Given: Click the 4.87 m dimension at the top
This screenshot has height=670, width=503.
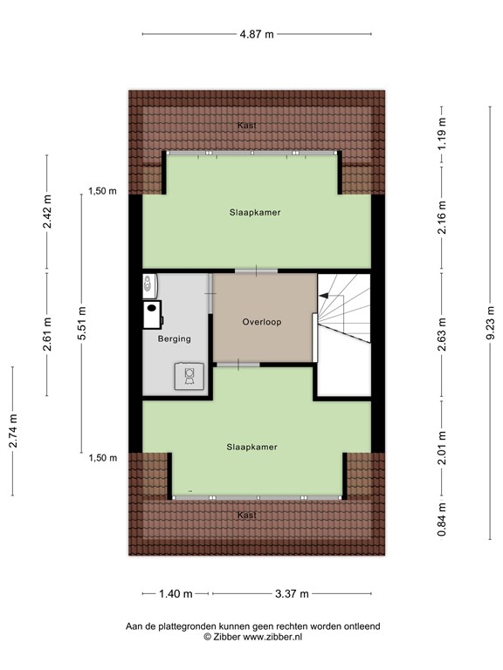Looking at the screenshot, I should point(257,34).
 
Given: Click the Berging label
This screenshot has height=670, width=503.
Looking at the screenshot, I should point(174,338).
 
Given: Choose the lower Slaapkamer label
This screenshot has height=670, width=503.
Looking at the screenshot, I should point(251,447).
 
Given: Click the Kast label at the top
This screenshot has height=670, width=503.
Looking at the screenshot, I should point(247,126).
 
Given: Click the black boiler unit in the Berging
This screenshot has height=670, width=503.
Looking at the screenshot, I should point(153,311).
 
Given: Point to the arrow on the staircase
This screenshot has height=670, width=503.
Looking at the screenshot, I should point(325,297).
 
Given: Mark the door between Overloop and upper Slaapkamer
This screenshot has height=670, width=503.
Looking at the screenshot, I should point(256,271).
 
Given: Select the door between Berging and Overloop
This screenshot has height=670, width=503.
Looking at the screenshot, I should point(210,297).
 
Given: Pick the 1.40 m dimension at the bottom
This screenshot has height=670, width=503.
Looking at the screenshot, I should point(176,594).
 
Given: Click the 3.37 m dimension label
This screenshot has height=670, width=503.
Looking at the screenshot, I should point(292,594).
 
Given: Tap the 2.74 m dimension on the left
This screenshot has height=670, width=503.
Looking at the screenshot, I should point(12,430).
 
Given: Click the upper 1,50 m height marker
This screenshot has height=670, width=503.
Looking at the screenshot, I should point(102,193).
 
